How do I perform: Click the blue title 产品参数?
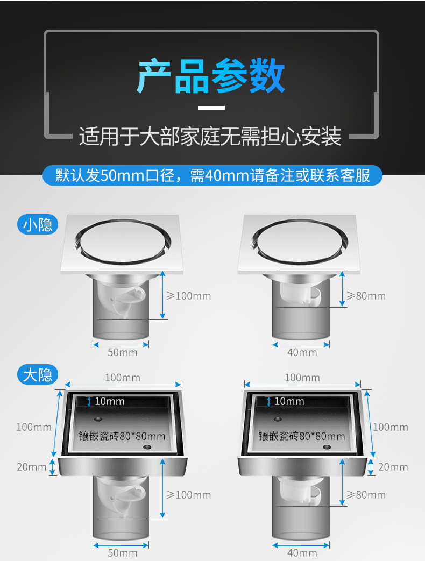click(211, 76)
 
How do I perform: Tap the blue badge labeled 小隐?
click(38, 225)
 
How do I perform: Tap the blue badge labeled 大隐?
click(38, 374)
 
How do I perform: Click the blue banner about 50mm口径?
click(212, 175)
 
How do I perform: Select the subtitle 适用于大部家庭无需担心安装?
click(210, 136)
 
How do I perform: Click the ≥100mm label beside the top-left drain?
click(188, 296)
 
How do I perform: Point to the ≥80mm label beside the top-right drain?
click(366, 296)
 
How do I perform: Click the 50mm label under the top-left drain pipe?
click(123, 352)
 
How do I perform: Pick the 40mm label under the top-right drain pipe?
click(302, 352)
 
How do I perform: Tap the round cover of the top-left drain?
click(123, 242)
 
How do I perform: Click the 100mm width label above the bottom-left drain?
click(123, 378)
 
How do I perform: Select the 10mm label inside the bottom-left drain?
click(110, 401)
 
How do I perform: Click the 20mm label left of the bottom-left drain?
click(32, 467)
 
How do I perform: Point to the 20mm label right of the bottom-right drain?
click(393, 467)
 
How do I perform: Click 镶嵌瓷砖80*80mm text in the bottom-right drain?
click(302, 436)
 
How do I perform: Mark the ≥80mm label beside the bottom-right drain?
click(366, 495)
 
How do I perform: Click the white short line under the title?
click(211, 108)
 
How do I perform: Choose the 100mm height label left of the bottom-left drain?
click(34, 427)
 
